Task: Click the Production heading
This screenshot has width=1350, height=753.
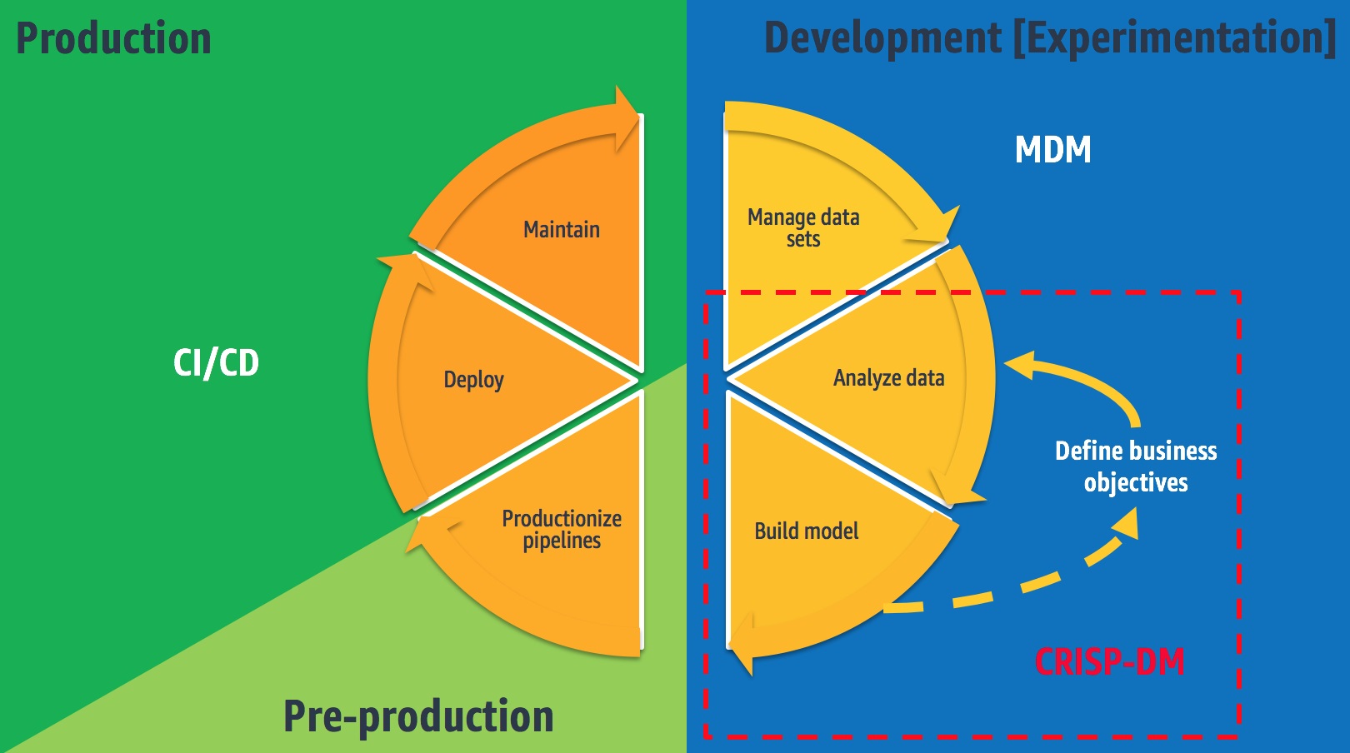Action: (113, 38)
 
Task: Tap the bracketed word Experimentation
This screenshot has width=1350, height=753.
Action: (1175, 38)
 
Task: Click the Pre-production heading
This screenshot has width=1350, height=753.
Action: (418, 717)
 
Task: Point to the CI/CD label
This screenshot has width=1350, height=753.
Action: (217, 363)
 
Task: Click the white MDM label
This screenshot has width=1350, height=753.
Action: (1052, 149)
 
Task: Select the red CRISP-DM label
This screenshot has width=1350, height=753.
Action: (1110, 661)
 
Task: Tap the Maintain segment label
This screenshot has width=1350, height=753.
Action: (562, 230)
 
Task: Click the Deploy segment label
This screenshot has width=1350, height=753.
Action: (473, 380)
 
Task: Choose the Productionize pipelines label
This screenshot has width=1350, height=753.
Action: (562, 530)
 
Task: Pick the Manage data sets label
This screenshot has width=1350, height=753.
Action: (803, 227)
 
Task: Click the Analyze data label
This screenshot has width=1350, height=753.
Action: (889, 378)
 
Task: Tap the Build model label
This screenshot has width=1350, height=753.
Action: (807, 531)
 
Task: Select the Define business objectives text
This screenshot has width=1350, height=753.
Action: (1136, 466)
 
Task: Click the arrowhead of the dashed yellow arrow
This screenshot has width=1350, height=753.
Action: (1126, 523)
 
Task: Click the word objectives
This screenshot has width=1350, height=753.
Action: (1136, 483)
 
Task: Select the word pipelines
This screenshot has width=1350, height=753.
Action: (562, 541)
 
